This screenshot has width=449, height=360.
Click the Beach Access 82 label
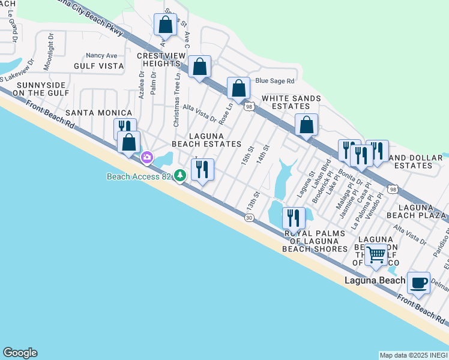tap(139, 176)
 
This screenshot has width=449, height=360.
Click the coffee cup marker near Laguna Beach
tap(418, 282)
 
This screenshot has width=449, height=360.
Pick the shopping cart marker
tap(376, 254)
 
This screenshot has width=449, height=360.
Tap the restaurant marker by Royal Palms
tap(294, 217)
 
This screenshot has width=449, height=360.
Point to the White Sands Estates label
tap(291, 102)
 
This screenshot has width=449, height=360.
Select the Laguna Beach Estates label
tap(206, 140)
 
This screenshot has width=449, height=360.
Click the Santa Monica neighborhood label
tap(98, 113)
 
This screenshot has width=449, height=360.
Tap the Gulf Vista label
tap(98, 66)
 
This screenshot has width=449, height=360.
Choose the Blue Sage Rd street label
tap(275, 81)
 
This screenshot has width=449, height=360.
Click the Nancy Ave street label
tap(101, 55)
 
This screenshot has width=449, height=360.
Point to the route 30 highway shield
tap(249, 217)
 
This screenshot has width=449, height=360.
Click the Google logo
tap(20, 353)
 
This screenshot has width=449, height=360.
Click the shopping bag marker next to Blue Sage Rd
tap(238, 88)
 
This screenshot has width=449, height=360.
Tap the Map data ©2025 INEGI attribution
tap(414, 355)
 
